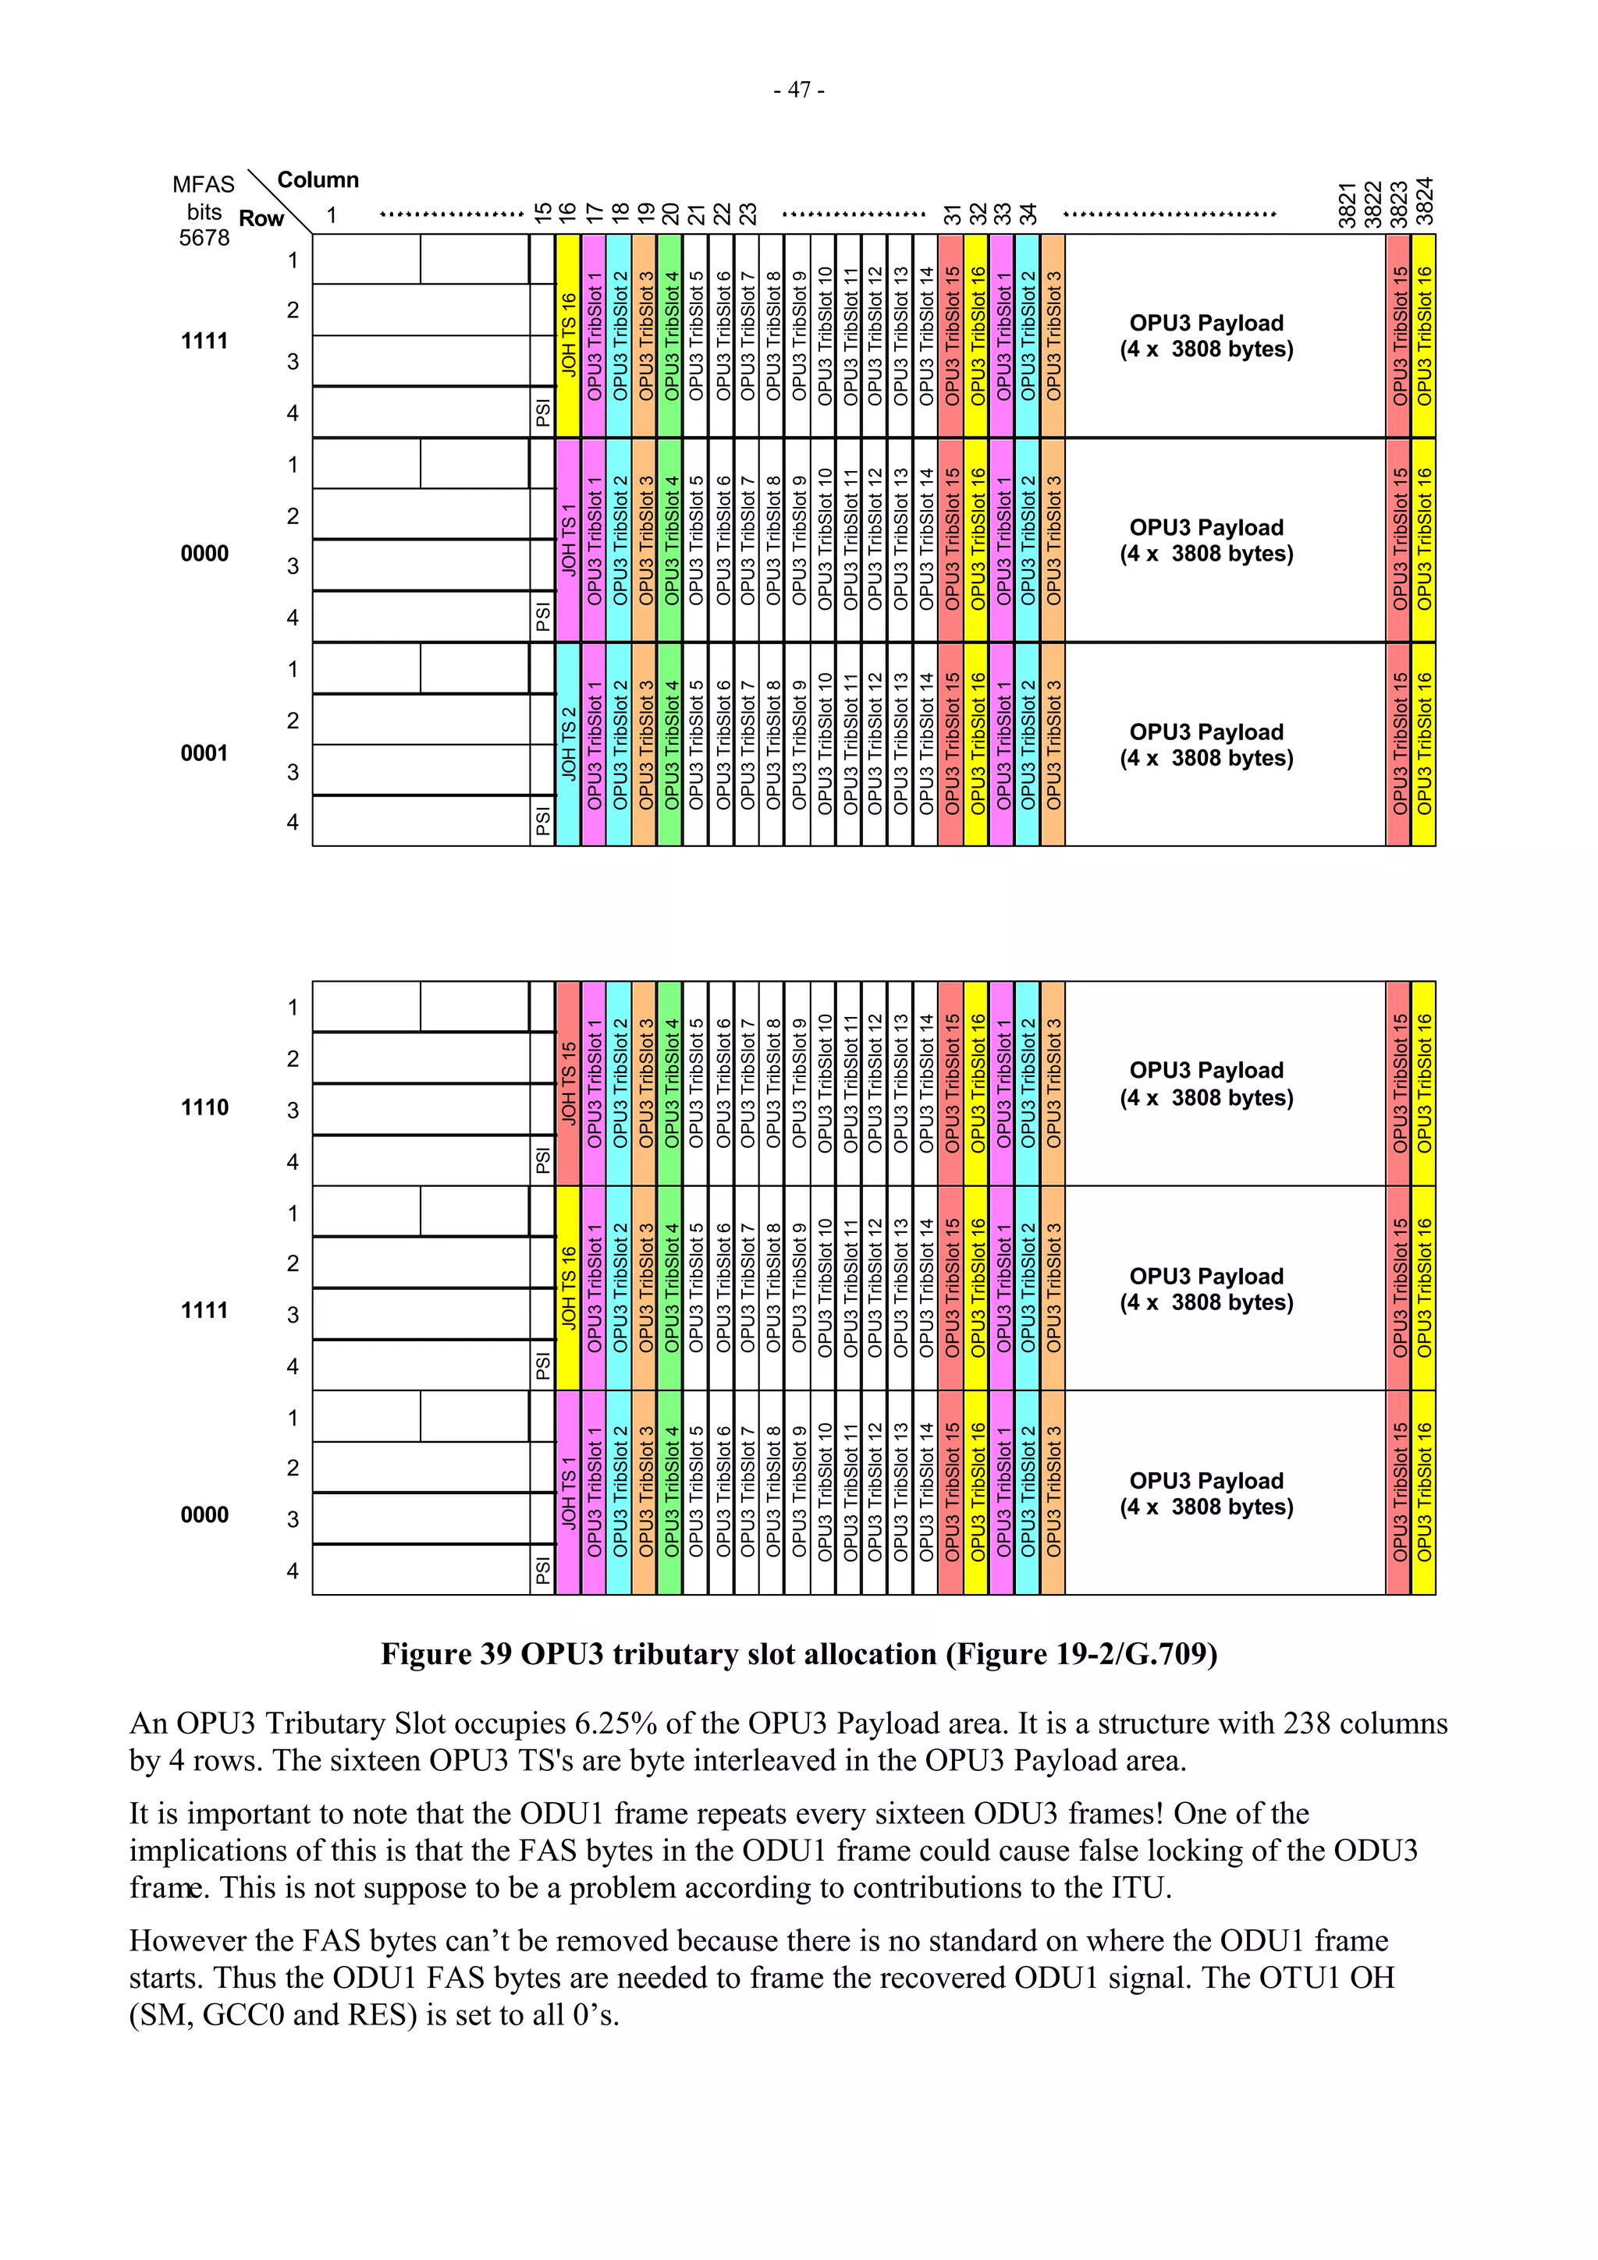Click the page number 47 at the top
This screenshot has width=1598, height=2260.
point(798,90)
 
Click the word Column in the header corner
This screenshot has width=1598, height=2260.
point(318,180)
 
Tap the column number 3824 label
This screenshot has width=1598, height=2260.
point(1425,202)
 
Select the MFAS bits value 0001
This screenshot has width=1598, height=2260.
point(204,753)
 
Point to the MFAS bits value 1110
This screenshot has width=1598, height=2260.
point(204,1107)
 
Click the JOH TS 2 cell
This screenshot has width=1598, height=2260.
point(568,744)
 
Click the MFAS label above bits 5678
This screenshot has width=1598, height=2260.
point(204,185)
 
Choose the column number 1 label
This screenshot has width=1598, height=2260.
point(332,215)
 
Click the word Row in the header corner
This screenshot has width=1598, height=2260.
point(261,218)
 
